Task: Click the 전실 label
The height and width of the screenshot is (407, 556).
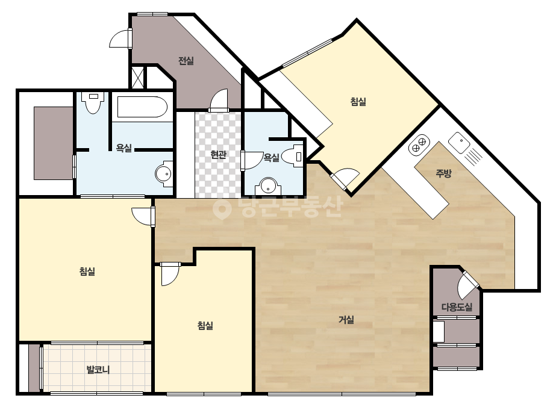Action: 186,61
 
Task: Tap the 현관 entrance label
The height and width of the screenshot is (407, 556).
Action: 218,155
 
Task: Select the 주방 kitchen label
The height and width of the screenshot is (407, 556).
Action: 443,173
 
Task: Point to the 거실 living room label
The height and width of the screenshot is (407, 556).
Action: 346,320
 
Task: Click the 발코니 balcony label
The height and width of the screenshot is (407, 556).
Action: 98,370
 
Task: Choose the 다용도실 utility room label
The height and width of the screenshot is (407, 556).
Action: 457,307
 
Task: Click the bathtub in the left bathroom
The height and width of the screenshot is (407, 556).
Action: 142,107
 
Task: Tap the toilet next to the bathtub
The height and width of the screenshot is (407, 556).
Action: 93,102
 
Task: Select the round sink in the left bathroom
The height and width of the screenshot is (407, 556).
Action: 164,174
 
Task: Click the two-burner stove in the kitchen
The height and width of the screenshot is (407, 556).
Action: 419,144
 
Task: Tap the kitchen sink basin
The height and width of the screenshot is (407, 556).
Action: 459,142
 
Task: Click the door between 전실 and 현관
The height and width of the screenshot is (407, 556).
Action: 219,101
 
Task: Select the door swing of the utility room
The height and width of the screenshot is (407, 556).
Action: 467,285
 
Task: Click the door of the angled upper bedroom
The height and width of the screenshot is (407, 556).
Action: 345,179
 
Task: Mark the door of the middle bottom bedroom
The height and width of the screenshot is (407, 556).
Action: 170,274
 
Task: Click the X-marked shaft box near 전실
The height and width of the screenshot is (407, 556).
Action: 137,77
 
